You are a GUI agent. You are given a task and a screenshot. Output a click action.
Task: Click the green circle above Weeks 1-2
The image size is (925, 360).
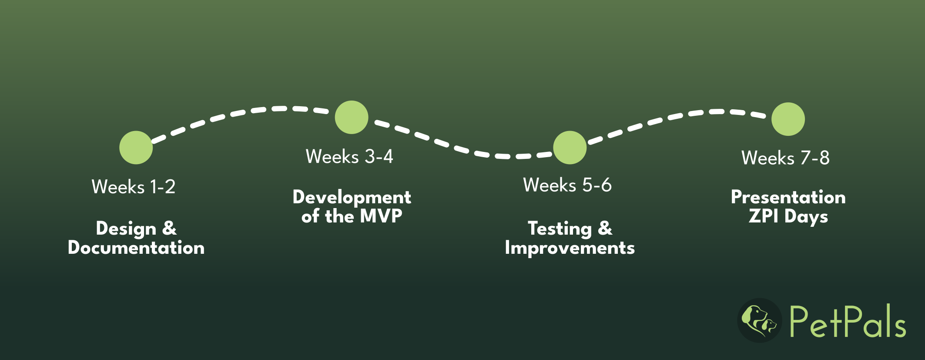(136, 148)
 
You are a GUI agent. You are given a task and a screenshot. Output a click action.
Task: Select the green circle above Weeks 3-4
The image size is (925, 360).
(352, 117)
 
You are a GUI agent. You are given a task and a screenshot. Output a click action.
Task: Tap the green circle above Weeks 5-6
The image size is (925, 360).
(570, 148)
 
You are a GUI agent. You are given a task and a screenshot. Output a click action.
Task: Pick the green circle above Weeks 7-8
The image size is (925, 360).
(788, 119)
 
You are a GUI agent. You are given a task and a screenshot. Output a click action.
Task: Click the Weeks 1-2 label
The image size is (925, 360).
(134, 187)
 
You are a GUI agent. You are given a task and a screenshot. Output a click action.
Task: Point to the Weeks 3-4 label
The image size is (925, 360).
(349, 157)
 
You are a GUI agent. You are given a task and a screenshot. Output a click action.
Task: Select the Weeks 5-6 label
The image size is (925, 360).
(567, 185)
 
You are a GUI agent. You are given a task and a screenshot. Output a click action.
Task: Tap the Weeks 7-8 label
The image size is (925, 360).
(785, 158)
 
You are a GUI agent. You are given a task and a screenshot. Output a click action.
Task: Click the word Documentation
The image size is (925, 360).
(136, 248)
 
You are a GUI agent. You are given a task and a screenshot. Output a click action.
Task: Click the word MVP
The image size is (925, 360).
(381, 216)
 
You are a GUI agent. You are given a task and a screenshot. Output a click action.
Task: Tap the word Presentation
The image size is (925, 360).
(788, 197)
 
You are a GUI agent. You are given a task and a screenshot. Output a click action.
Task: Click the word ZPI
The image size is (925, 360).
(763, 216)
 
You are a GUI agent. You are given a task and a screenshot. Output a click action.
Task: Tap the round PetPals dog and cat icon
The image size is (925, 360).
(760, 320)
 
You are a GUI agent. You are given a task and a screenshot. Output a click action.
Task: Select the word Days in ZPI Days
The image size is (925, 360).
(806, 217)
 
